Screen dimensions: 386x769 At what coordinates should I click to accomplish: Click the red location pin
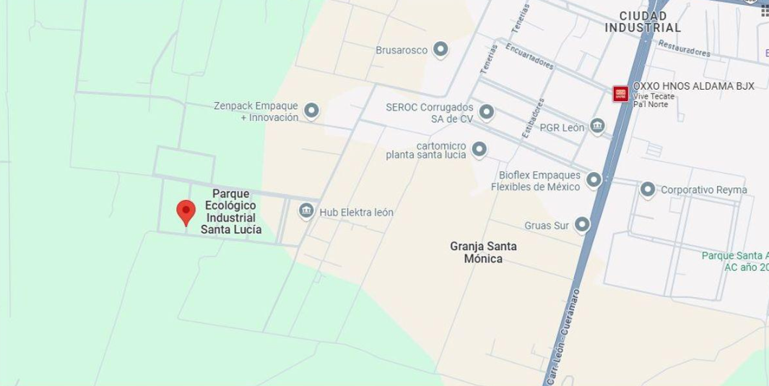tap(186, 212)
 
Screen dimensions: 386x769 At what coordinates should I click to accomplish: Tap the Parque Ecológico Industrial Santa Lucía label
tap(231, 212)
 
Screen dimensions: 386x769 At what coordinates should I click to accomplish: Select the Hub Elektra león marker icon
tap(306, 211)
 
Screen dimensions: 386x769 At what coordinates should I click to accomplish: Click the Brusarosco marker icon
tap(440, 50)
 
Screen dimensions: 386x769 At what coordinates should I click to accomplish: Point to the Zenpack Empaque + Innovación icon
tap(311, 111)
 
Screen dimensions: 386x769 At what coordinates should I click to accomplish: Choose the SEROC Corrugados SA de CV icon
tap(487, 112)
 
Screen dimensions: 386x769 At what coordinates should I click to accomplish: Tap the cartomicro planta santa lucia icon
tap(479, 150)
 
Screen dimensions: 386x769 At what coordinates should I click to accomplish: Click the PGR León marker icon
tap(597, 126)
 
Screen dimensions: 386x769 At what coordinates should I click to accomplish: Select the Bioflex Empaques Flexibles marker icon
tap(594, 179)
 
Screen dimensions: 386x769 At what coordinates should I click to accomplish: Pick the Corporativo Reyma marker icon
tap(648, 189)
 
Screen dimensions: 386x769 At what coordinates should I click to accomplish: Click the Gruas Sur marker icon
tap(582, 225)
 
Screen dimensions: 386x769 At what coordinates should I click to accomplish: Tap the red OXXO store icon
tap(621, 94)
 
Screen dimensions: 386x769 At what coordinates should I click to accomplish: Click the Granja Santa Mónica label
tap(483, 252)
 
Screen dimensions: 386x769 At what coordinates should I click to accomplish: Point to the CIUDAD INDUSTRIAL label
tap(643, 22)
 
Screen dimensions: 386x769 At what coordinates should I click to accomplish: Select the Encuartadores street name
tap(529, 56)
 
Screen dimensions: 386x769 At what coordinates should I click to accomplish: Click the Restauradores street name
tap(683, 48)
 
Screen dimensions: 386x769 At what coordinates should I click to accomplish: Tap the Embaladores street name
tap(533, 117)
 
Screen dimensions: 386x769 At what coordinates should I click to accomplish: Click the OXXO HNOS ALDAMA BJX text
tap(693, 86)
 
